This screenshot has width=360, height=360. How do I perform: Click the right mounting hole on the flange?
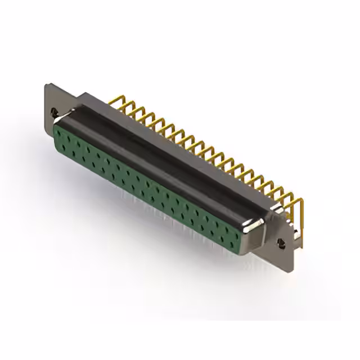(281, 243)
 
